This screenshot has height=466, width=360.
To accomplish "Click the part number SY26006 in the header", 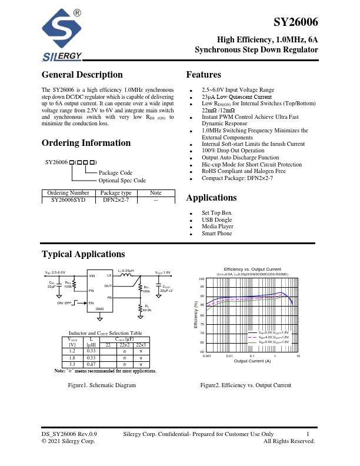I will tap(296, 22).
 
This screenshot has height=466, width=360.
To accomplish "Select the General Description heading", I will tap(82, 75).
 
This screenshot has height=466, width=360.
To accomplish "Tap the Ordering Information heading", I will tap(86, 143).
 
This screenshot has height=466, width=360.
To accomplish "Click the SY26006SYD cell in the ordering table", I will tap(68, 200).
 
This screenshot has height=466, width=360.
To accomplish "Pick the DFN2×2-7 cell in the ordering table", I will tap(115, 200).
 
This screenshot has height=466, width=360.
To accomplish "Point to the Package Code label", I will tap(115, 173).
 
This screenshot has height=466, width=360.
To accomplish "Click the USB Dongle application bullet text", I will tap(218, 219).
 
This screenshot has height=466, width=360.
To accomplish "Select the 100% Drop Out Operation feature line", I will tap(233, 151).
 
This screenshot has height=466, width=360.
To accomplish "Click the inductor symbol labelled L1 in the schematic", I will tap(125, 275).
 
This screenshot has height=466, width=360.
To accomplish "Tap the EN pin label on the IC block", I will tap(91, 302).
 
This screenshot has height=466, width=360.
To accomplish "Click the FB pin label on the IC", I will tap(109, 298).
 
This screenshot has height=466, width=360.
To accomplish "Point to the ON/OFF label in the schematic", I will tap(64, 302).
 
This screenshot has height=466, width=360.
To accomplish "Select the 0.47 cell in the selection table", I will tap(91, 364).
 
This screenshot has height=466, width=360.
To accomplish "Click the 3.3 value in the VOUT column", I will tap(72, 364).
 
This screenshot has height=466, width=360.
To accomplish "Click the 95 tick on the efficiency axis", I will tap(201, 287).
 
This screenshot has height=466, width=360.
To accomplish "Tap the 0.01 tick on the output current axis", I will tap(229, 357).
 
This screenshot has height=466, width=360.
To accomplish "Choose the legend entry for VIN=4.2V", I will tap(273, 337).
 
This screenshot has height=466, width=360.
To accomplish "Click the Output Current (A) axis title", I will tap(252, 361).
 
